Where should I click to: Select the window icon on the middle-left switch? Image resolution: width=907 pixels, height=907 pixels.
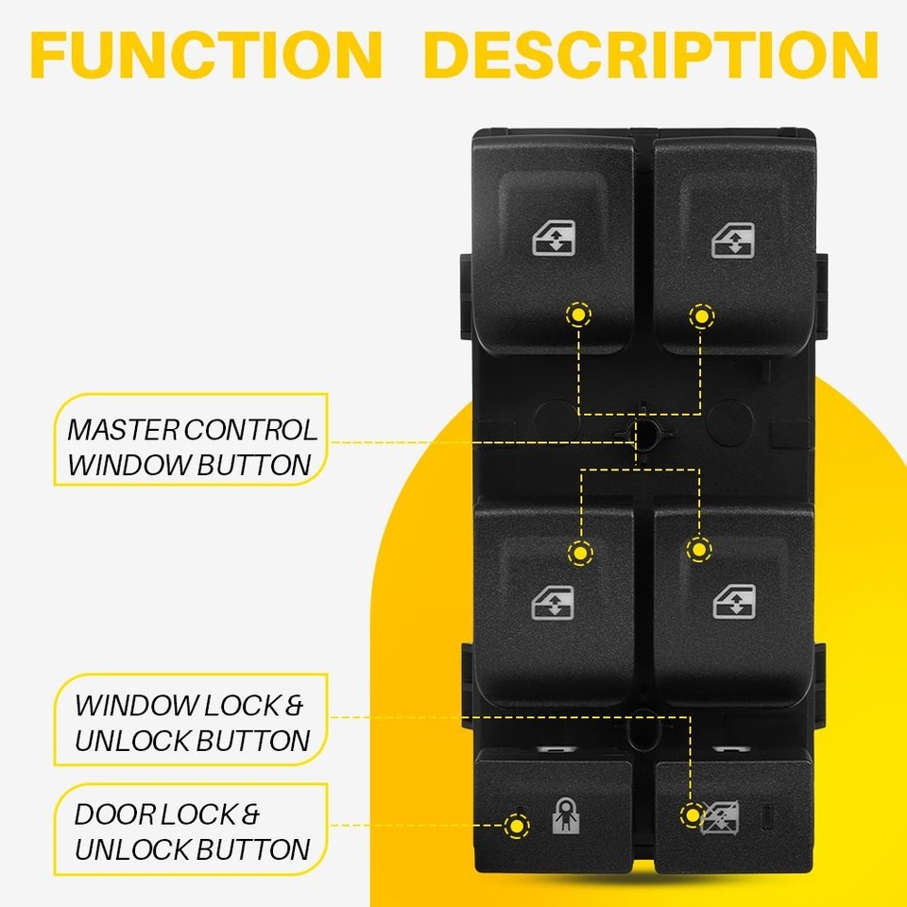pyautogui.click(x=553, y=601)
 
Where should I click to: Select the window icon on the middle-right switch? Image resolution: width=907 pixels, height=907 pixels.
pyautogui.click(x=733, y=601)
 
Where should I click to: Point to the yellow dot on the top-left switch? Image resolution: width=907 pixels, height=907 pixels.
pyautogui.click(x=575, y=315)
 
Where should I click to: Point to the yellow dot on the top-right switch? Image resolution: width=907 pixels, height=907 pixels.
pyautogui.click(x=701, y=316)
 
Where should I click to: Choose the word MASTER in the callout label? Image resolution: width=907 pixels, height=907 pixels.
pyautogui.click(x=121, y=430)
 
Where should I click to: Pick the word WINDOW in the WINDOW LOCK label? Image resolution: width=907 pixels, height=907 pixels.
pyautogui.click(x=132, y=705)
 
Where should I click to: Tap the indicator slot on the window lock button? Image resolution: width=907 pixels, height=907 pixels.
pyautogui.click(x=768, y=815)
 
